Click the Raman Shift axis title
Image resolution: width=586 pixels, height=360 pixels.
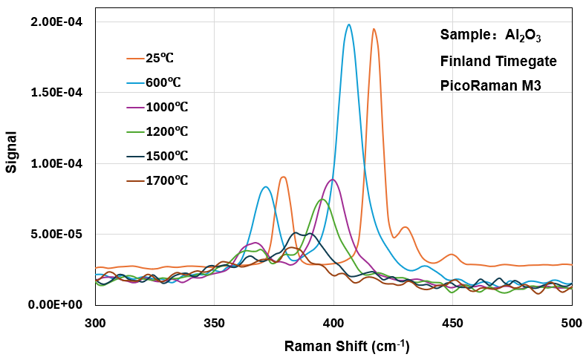(346, 346)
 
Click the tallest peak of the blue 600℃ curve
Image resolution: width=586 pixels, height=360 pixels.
(348, 24)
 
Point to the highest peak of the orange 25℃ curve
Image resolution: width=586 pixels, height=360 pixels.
(374, 29)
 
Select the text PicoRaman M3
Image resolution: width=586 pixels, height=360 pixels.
(491, 85)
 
